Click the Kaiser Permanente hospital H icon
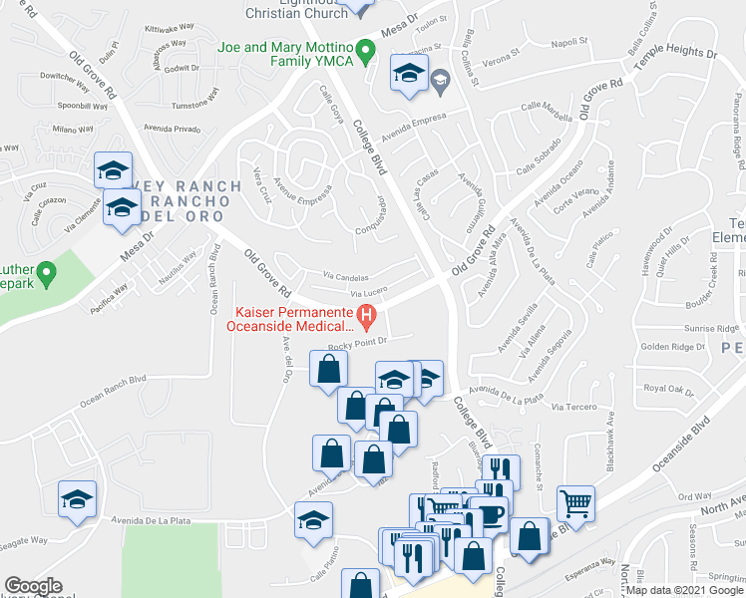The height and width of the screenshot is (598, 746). coord(366,319)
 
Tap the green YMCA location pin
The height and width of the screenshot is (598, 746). coord(366,48)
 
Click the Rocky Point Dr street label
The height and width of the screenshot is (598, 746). coord(357,342)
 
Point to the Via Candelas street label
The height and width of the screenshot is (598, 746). coord(345,278)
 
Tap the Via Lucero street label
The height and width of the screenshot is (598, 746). coord(368,294)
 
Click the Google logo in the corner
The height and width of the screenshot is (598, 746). coord(33,586)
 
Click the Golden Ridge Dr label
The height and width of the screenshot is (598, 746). coord(673,347)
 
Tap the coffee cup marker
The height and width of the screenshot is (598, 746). coord(489,516)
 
